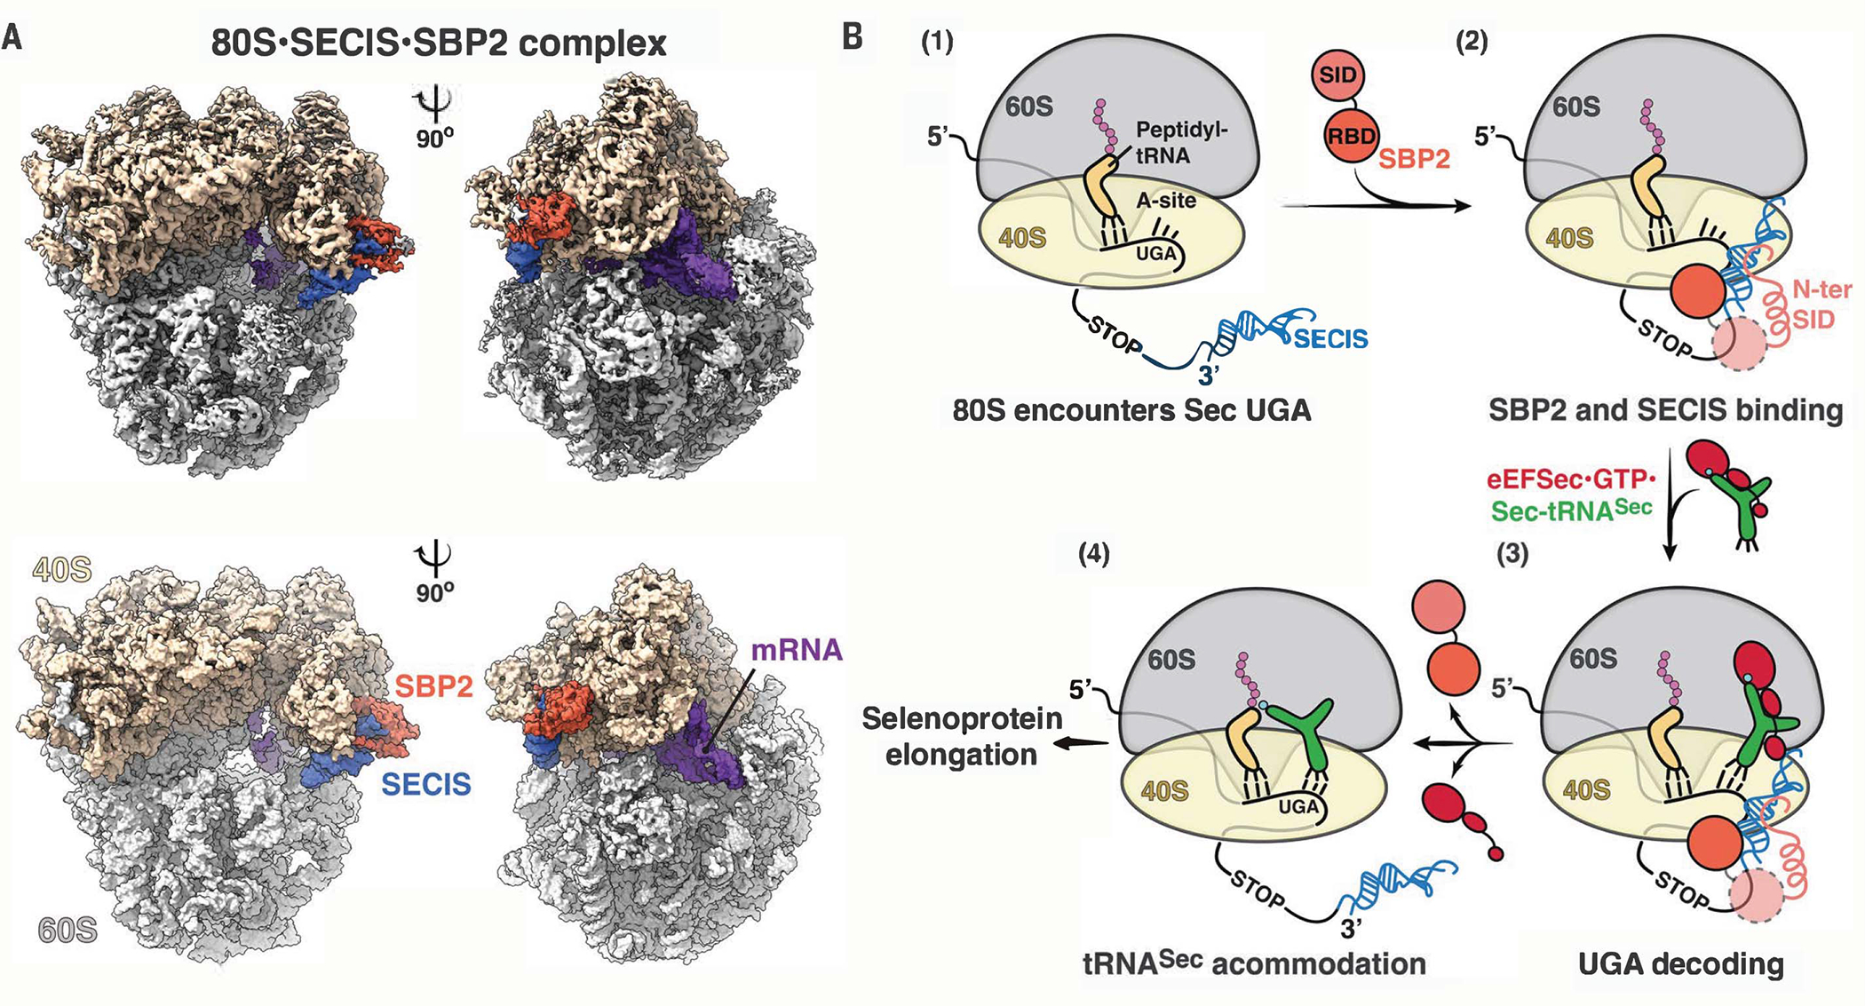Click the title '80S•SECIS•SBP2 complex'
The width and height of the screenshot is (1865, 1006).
pyautogui.click(x=439, y=43)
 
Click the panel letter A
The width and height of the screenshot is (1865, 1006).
pyautogui.click(x=12, y=38)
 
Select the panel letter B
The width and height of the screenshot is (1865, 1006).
pyautogui.click(x=852, y=37)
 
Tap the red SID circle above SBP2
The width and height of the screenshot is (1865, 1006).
pyautogui.click(x=1337, y=75)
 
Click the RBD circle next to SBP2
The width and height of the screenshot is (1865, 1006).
pyautogui.click(x=1351, y=136)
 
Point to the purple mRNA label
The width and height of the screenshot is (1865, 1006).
pyautogui.click(x=797, y=650)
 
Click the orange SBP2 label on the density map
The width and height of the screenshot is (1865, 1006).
pyautogui.click(x=433, y=686)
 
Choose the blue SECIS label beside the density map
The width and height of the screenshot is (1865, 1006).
pyautogui.click(x=426, y=784)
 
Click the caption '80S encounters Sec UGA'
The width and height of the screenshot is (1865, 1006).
pyautogui.click(x=1131, y=410)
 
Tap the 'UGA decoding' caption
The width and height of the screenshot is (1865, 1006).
pyautogui.click(x=1680, y=964)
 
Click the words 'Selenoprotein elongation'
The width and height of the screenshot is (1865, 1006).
pyautogui.click(x=962, y=736)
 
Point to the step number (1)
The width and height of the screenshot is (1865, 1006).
pyautogui.click(x=937, y=41)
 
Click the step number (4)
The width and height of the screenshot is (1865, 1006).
pyautogui.click(x=1094, y=554)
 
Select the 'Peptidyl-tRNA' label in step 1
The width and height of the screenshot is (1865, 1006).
pyautogui.click(x=1181, y=143)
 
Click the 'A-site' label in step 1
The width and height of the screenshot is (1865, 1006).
pyautogui.click(x=1166, y=201)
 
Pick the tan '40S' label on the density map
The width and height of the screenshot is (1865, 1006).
pyautogui.click(x=62, y=569)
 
